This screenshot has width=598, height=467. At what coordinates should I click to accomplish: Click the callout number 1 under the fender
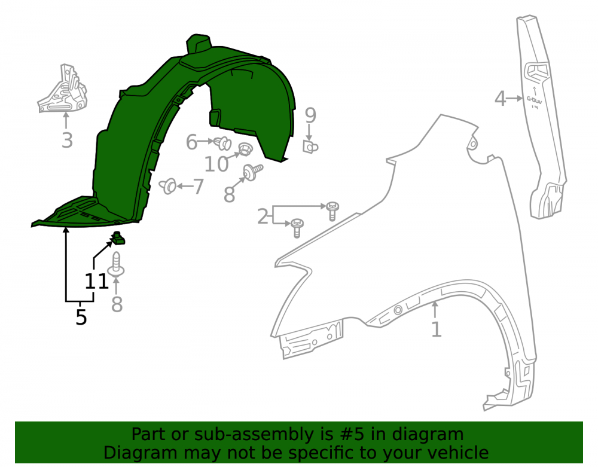[x=437, y=329]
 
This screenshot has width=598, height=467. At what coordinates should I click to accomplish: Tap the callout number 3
[x=67, y=141]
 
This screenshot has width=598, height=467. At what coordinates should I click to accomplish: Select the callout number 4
[x=501, y=98]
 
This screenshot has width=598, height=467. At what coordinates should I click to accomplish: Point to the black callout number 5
[x=81, y=317]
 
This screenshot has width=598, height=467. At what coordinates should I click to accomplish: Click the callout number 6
[x=191, y=142]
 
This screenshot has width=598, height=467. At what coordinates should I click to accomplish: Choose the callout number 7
[x=199, y=187]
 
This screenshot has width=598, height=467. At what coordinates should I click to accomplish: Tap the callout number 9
[x=310, y=115]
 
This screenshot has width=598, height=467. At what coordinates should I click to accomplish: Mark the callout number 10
[x=216, y=164]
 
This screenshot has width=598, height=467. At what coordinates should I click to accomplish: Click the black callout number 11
[x=96, y=282]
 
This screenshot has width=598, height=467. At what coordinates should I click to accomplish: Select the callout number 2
[x=263, y=216]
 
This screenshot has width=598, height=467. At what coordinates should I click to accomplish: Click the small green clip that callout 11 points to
[x=118, y=238]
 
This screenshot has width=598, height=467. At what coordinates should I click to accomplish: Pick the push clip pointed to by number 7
[x=168, y=186]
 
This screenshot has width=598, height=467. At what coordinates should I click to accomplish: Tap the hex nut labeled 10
[x=244, y=149]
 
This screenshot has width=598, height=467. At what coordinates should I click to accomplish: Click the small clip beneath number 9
[x=310, y=146]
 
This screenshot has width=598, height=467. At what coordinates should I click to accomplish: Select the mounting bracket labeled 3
[x=63, y=89]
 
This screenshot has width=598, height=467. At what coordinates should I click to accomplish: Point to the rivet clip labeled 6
[x=222, y=143]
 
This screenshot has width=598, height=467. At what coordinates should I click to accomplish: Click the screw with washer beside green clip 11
[x=116, y=265]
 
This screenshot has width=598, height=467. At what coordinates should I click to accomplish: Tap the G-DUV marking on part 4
[x=534, y=102]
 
